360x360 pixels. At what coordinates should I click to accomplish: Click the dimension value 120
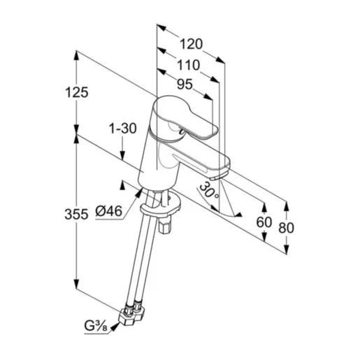coord(189,44)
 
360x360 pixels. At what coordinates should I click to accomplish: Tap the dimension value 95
coord(185,85)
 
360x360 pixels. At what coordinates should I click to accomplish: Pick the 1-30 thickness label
coord(122,129)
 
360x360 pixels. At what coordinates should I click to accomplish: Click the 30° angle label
coord(208,189)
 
